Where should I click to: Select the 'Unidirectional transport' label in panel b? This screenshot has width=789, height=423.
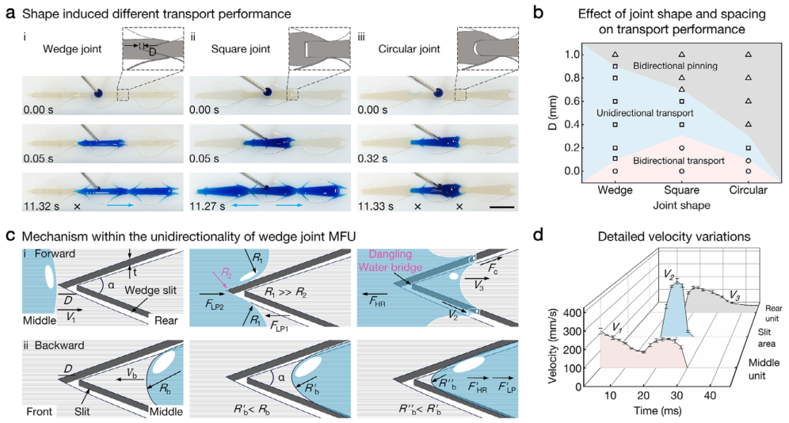(639, 114)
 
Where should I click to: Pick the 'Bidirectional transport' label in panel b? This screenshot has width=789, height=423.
(679, 161)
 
